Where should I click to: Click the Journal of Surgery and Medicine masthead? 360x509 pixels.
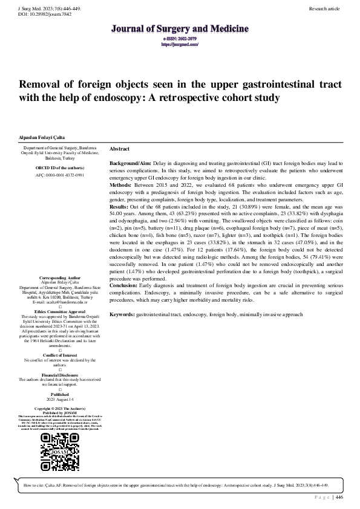[x=180, y=28]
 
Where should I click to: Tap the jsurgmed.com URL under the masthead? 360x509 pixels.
[x=180, y=44]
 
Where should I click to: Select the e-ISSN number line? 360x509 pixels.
[x=180, y=39]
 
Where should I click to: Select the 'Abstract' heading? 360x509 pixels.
[x=120, y=149]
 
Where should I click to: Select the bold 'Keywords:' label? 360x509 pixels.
[x=123, y=315]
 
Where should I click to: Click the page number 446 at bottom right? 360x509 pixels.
[x=339, y=497]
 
